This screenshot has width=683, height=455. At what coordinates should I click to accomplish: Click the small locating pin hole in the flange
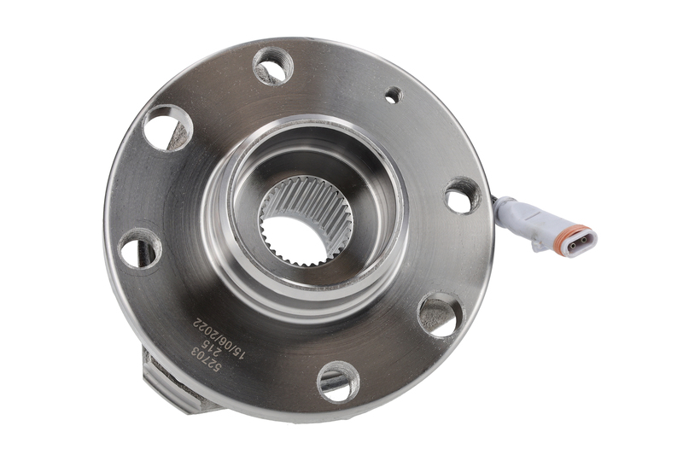(x=394, y=95)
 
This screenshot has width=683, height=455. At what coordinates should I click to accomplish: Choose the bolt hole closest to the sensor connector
(x=462, y=196)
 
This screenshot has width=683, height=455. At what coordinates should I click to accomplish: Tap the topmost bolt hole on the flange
(x=272, y=66)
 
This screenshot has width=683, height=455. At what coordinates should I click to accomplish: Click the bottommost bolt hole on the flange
(x=338, y=382)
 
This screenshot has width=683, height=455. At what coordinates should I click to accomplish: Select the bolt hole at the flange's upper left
(x=166, y=128)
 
